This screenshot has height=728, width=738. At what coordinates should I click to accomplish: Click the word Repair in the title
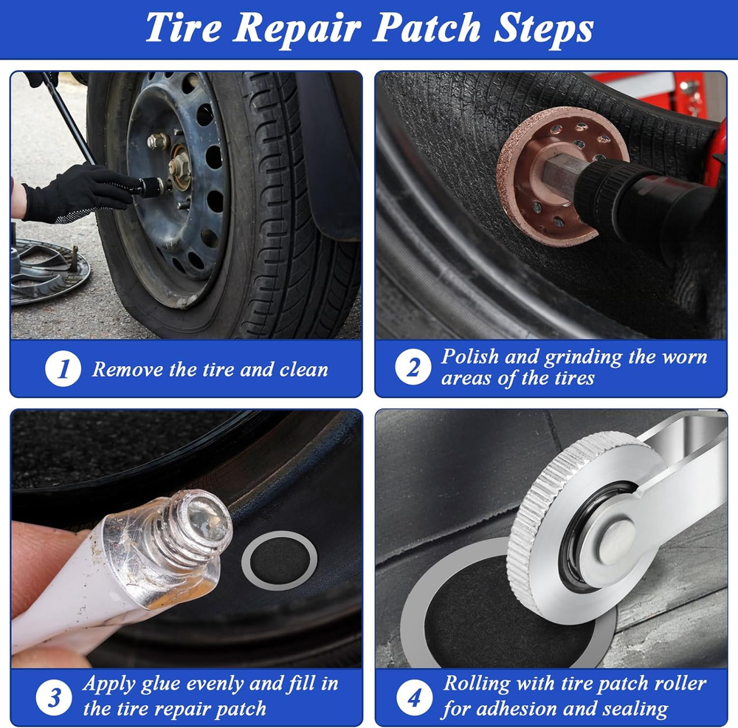pos(297,28)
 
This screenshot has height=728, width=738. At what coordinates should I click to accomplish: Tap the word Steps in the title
pos(544,28)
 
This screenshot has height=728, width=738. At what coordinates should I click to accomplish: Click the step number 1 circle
pos(63,369)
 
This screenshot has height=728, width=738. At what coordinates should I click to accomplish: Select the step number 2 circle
pos(413,367)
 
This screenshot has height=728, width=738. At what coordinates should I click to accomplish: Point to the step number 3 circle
pos(54,698)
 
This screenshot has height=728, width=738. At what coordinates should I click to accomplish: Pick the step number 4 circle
pos(414,698)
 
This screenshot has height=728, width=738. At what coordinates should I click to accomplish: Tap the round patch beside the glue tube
pos(279,560)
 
